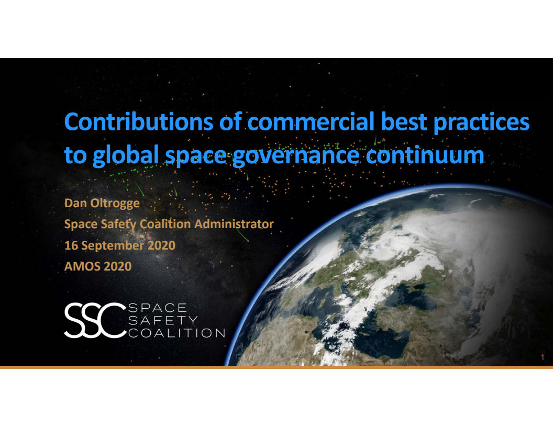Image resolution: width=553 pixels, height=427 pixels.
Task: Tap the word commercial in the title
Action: (310, 122)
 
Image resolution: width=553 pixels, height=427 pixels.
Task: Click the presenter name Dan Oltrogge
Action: (102, 203)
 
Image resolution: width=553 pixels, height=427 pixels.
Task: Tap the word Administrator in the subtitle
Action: (234, 224)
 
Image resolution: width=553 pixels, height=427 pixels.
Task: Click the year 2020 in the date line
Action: (161, 245)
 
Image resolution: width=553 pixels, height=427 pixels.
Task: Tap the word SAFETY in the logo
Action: (163, 320)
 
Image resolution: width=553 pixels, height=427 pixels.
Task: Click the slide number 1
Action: (543, 357)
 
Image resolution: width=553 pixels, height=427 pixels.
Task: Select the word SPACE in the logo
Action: (157, 307)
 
